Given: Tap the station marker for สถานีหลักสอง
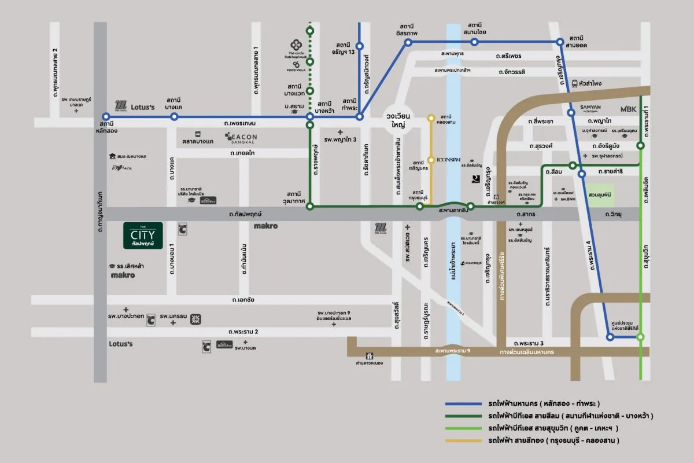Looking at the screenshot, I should tap(106, 116).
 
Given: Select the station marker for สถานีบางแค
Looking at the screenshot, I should tap(174, 116).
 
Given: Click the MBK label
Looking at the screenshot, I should tap(629, 109).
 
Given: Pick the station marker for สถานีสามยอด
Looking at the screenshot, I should tap(560, 42).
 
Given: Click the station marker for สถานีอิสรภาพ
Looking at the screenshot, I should tap(408, 42).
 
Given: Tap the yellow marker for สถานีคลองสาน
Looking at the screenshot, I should tap(431, 118).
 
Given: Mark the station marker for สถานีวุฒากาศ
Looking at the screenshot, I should tap(310, 206).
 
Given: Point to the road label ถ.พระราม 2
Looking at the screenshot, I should tap(243, 331).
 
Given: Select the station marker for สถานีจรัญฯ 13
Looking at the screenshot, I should tap(359, 46).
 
